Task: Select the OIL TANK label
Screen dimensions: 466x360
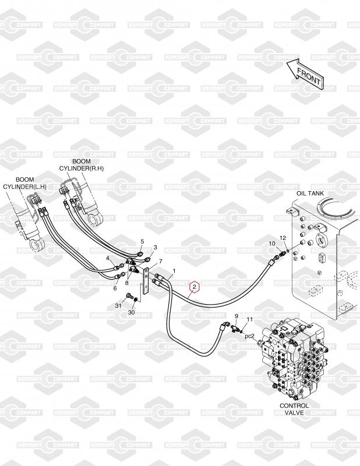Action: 310,193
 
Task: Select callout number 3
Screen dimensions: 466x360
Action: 155,248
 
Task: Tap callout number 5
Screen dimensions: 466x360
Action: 142,241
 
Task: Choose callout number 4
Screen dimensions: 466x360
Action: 108,257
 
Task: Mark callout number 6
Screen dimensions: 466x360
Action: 115,288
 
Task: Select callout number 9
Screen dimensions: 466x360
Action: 237,316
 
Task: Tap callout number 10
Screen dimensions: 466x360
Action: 271,243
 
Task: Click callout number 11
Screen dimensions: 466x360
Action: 249,320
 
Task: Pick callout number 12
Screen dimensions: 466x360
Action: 283,238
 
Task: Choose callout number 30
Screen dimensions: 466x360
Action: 131,313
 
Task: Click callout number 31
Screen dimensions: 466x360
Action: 117,306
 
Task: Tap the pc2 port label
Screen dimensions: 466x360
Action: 249,336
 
